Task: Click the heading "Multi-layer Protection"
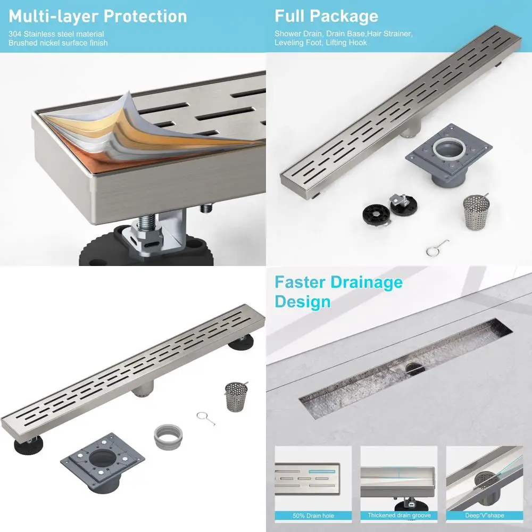tap(97, 16)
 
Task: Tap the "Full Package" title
tap(326, 16)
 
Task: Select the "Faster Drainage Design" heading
tap(338, 292)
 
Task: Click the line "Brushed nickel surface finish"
tap(57, 43)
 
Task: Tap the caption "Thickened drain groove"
tap(398, 515)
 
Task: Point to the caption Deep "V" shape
tap(484, 515)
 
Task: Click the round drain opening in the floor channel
tap(413, 368)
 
